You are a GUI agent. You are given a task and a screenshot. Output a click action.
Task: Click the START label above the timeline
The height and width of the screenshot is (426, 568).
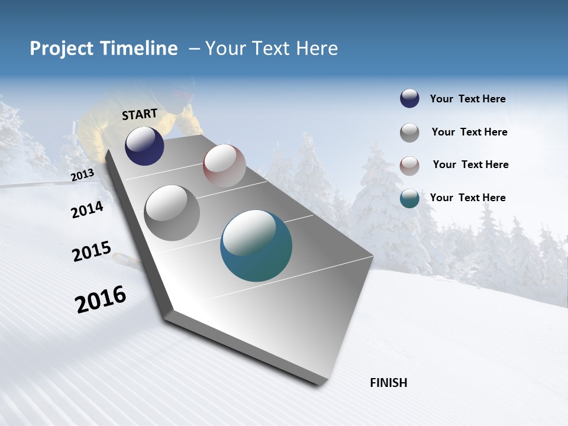pos(140,114)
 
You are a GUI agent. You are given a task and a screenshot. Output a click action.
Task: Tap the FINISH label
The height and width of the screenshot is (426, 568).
pos(389,383)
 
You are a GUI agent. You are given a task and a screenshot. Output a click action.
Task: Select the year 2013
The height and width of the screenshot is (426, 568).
pos(82,175)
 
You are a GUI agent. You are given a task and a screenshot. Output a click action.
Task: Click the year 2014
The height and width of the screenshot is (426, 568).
pos(87,210)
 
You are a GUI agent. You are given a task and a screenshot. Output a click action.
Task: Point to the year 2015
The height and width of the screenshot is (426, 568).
pos(92,251)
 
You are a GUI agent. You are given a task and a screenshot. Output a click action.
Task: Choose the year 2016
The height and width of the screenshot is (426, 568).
pos(101,299)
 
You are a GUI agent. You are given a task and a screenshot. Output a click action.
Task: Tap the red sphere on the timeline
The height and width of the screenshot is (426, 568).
pos(224,166)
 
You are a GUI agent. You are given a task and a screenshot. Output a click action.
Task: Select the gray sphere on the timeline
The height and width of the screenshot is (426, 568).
pos(172,213)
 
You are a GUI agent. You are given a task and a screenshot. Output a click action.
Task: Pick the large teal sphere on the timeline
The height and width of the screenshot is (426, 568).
pos(256,246)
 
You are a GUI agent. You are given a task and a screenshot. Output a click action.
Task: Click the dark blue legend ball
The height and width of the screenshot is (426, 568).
pos(409,99)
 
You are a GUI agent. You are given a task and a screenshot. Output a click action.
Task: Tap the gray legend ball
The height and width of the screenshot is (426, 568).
pos(409,133)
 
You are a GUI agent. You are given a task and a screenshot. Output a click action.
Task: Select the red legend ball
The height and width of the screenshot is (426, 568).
pos(409,166)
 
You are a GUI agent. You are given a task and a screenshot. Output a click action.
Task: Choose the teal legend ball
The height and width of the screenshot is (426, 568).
pos(409,198)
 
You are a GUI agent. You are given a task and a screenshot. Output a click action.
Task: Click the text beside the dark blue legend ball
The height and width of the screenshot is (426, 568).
pos(467,99)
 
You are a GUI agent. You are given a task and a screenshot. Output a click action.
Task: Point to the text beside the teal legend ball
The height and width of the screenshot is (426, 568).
pos(467,198)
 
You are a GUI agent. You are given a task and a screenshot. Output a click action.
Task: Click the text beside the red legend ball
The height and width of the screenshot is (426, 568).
pos(470,164)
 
